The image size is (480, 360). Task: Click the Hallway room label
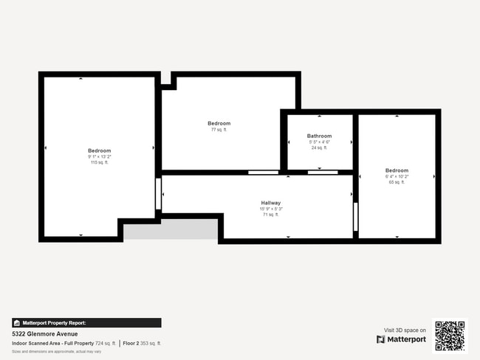coord(270,203)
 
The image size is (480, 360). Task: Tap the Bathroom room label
coord(319,136)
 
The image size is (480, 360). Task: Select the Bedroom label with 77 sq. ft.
coord(219,123)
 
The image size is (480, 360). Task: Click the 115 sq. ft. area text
coord(99,162)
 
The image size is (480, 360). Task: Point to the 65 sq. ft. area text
coord(396,182)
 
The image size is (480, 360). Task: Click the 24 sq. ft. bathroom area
coord(319,148)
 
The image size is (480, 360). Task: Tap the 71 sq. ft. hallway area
coord(270,215)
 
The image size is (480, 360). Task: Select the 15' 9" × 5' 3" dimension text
coord(270,209)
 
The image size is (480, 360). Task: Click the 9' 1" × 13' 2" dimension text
coord(99,156)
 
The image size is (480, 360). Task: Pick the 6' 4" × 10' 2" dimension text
coord(396,176)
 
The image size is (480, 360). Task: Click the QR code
coord(450,335)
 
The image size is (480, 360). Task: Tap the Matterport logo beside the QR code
coord(401,339)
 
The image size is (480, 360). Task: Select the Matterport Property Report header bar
coord(86,322)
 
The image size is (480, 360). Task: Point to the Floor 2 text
coord(131,343)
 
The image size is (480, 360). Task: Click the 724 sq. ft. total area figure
coord(106,343)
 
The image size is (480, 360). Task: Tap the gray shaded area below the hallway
coord(170,229)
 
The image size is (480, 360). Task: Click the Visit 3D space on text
coord(405,330)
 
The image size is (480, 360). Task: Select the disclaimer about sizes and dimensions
coord(56,351)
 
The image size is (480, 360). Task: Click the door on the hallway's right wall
coord(355,217)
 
